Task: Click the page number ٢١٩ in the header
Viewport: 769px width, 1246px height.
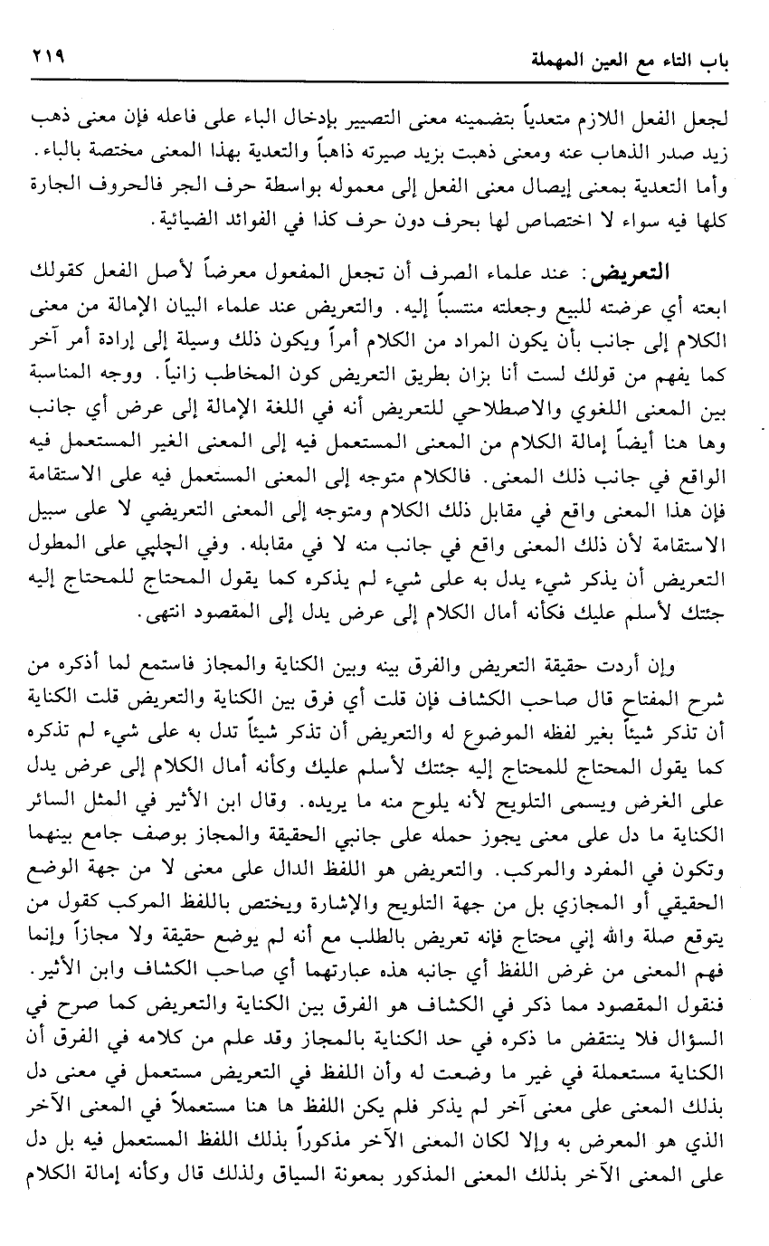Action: click(x=45, y=55)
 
